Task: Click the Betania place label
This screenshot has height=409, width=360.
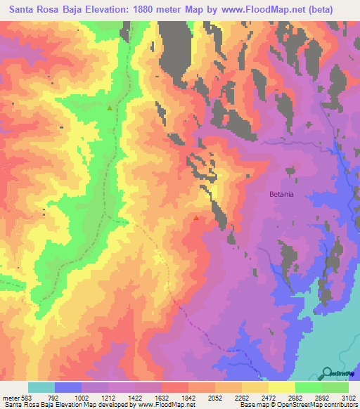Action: pyautogui.click(x=284, y=193)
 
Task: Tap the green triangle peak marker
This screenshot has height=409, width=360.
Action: pyautogui.click(x=109, y=108)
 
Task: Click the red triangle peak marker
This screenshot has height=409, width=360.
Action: pyautogui.click(x=195, y=218)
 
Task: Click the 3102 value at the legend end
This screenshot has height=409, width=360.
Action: pyautogui.click(x=348, y=398)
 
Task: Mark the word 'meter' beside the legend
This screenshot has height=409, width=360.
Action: pyautogui.click(x=10, y=398)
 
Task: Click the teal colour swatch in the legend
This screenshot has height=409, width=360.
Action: pyautogui.click(x=41, y=387)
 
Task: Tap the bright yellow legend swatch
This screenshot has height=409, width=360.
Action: pyautogui.click(x=281, y=387)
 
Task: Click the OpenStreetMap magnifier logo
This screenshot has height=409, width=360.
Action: pyautogui.click(x=327, y=372)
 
